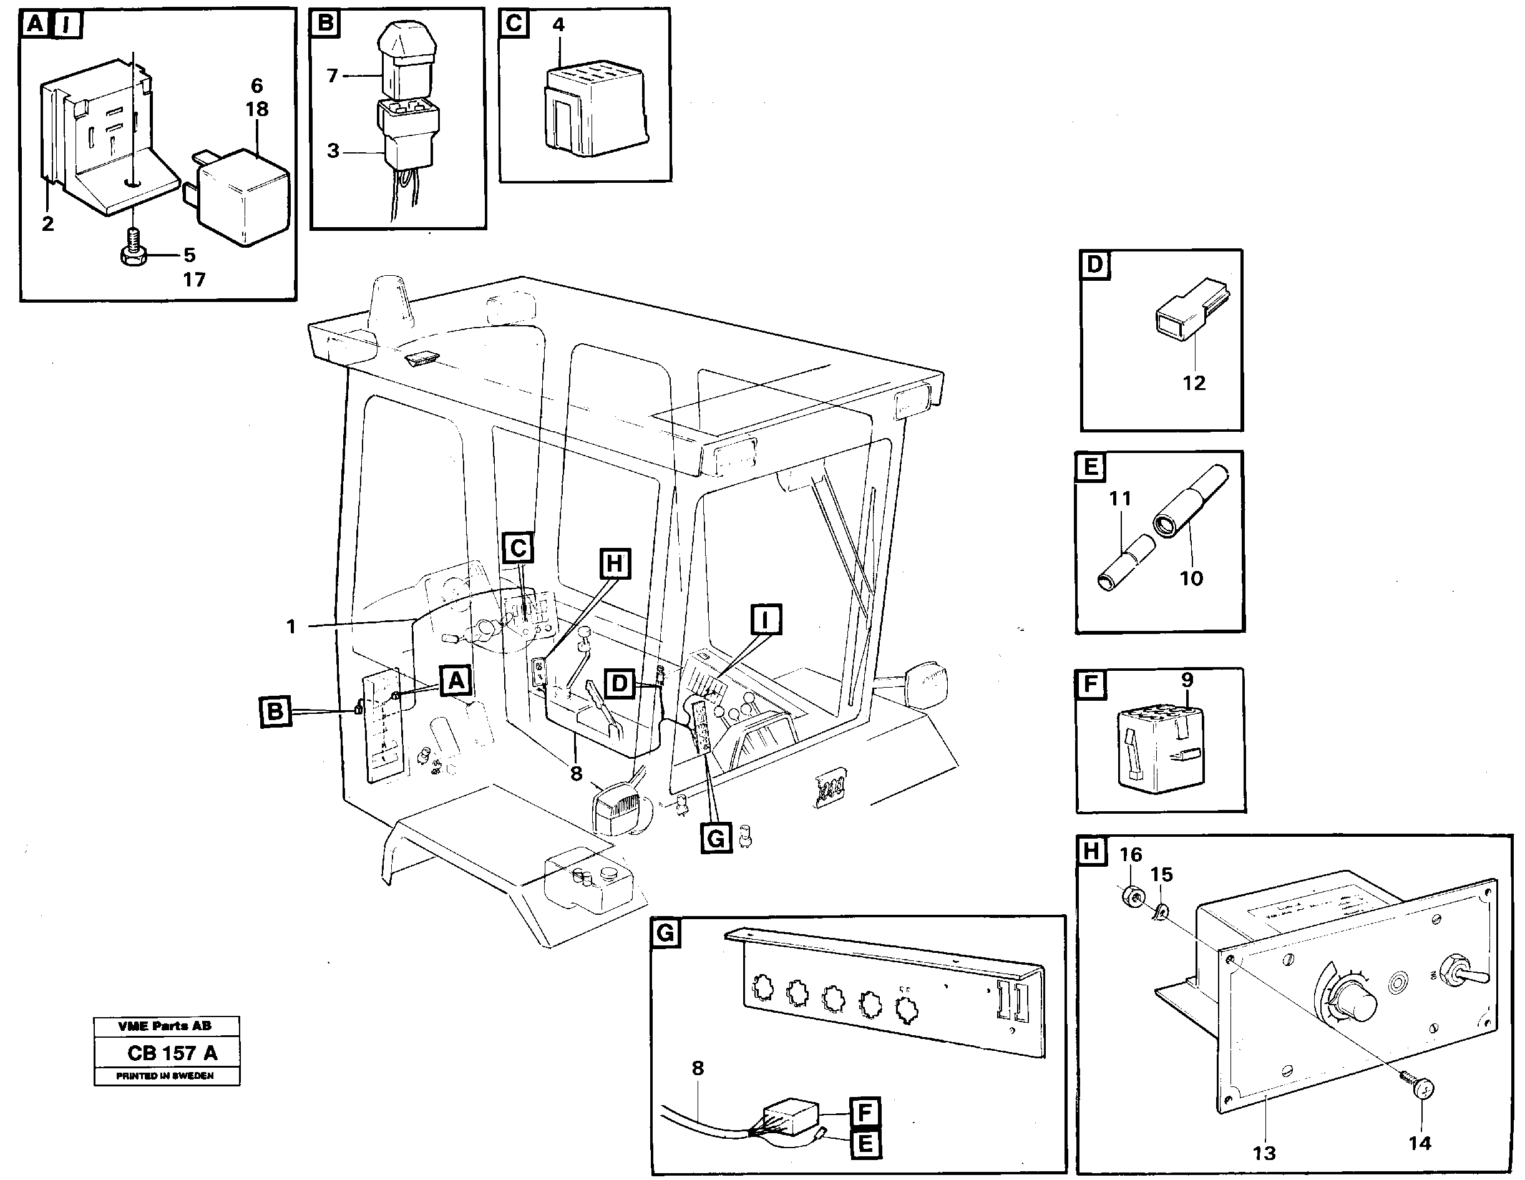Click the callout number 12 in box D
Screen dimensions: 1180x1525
1193,383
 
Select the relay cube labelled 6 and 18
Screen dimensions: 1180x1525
242,197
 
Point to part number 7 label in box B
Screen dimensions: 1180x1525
333,76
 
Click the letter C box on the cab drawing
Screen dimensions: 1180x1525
518,548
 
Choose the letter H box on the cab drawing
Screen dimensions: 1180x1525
615,564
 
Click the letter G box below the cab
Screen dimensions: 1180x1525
716,838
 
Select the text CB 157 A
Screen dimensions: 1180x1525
172,1053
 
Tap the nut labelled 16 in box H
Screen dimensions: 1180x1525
1131,897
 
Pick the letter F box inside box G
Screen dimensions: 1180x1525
864,1111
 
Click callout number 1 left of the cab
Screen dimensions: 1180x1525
291,627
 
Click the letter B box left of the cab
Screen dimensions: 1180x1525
276,711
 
